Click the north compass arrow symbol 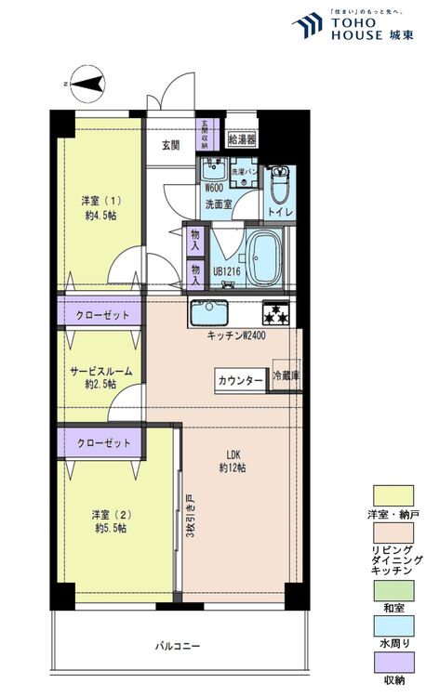click(x=89, y=85)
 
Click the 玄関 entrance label click(x=170, y=145)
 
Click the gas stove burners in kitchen click(x=277, y=311)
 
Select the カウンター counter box click(x=240, y=379)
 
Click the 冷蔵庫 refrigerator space click(x=286, y=376)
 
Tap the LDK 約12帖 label click(x=233, y=461)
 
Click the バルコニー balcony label click(x=176, y=645)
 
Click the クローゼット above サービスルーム click(x=103, y=314)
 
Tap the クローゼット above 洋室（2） click(x=103, y=442)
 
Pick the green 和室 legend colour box click(x=393, y=590)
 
